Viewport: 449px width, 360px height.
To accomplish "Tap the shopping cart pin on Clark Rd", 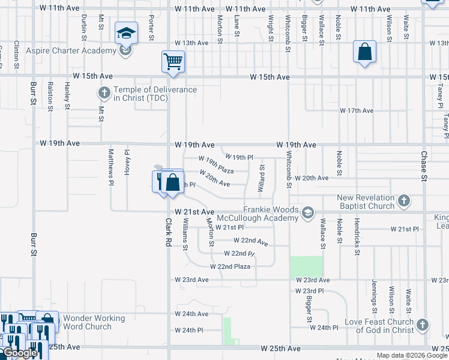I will [173, 61].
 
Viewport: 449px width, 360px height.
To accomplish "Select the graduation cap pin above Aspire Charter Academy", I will [127, 32].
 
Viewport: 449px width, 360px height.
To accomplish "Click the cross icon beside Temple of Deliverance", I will [104, 93].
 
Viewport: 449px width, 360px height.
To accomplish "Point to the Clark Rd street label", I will [169, 234].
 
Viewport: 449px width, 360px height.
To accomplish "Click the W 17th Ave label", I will [357, 111].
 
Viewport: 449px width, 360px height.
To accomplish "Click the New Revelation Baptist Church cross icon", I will [404, 200].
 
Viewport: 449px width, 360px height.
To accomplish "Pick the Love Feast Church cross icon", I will [423, 325].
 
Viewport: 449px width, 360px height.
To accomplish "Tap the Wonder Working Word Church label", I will [94, 322].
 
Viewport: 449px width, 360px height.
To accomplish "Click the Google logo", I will [20, 353].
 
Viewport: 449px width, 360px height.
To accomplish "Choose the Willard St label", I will [261, 179].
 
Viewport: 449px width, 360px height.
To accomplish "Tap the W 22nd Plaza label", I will [230, 266].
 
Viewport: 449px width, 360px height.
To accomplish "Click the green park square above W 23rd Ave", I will [306, 267].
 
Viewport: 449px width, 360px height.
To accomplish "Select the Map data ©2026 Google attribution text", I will [412, 355].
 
